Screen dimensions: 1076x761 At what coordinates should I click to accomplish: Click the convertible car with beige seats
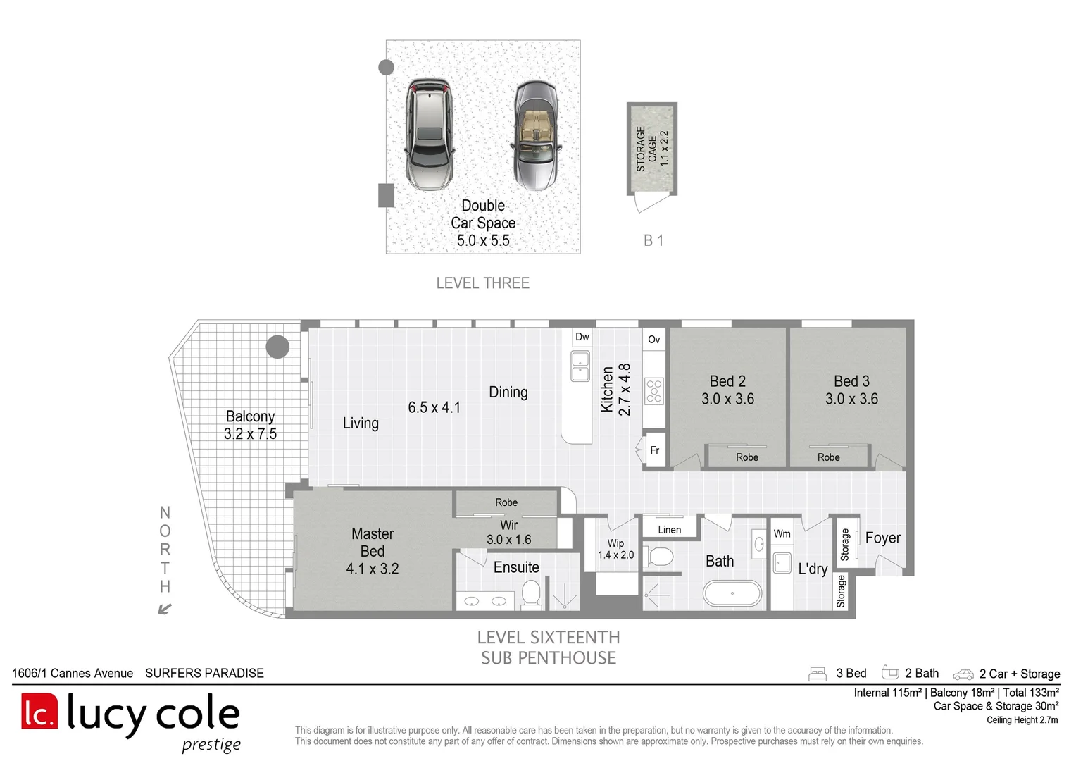tap(536, 135)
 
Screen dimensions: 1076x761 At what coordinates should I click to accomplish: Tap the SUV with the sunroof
tap(429, 134)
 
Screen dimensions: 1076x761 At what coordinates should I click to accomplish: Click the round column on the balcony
tap(277, 346)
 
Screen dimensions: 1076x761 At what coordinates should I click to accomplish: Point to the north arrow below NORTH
tap(165, 609)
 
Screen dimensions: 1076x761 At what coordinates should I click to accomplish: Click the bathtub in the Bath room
tap(732, 593)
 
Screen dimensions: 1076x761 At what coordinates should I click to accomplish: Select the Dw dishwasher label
tap(582, 337)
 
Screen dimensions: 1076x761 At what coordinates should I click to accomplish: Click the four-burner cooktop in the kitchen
tap(653, 391)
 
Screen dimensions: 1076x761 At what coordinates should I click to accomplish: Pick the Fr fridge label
tap(654, 450)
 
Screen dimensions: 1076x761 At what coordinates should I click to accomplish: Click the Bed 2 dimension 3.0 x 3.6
tap(727, 399)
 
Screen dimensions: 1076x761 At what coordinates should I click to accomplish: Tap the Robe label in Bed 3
tap(829, 457)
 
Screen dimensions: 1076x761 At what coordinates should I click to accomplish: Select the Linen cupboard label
tap(669, 530)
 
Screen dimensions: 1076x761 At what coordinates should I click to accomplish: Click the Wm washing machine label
tap(782, 533)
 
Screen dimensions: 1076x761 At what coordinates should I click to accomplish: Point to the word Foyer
tap(883, 538)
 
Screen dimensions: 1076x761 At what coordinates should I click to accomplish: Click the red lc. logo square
tap(39, 710)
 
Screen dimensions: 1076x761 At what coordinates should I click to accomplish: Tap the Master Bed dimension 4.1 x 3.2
tap(373, 569)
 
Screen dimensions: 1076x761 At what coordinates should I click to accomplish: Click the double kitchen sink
tap(580, 366)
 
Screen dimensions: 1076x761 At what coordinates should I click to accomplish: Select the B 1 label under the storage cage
tap(653, 240)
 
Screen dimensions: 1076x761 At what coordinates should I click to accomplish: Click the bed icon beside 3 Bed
tap(818, 674)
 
